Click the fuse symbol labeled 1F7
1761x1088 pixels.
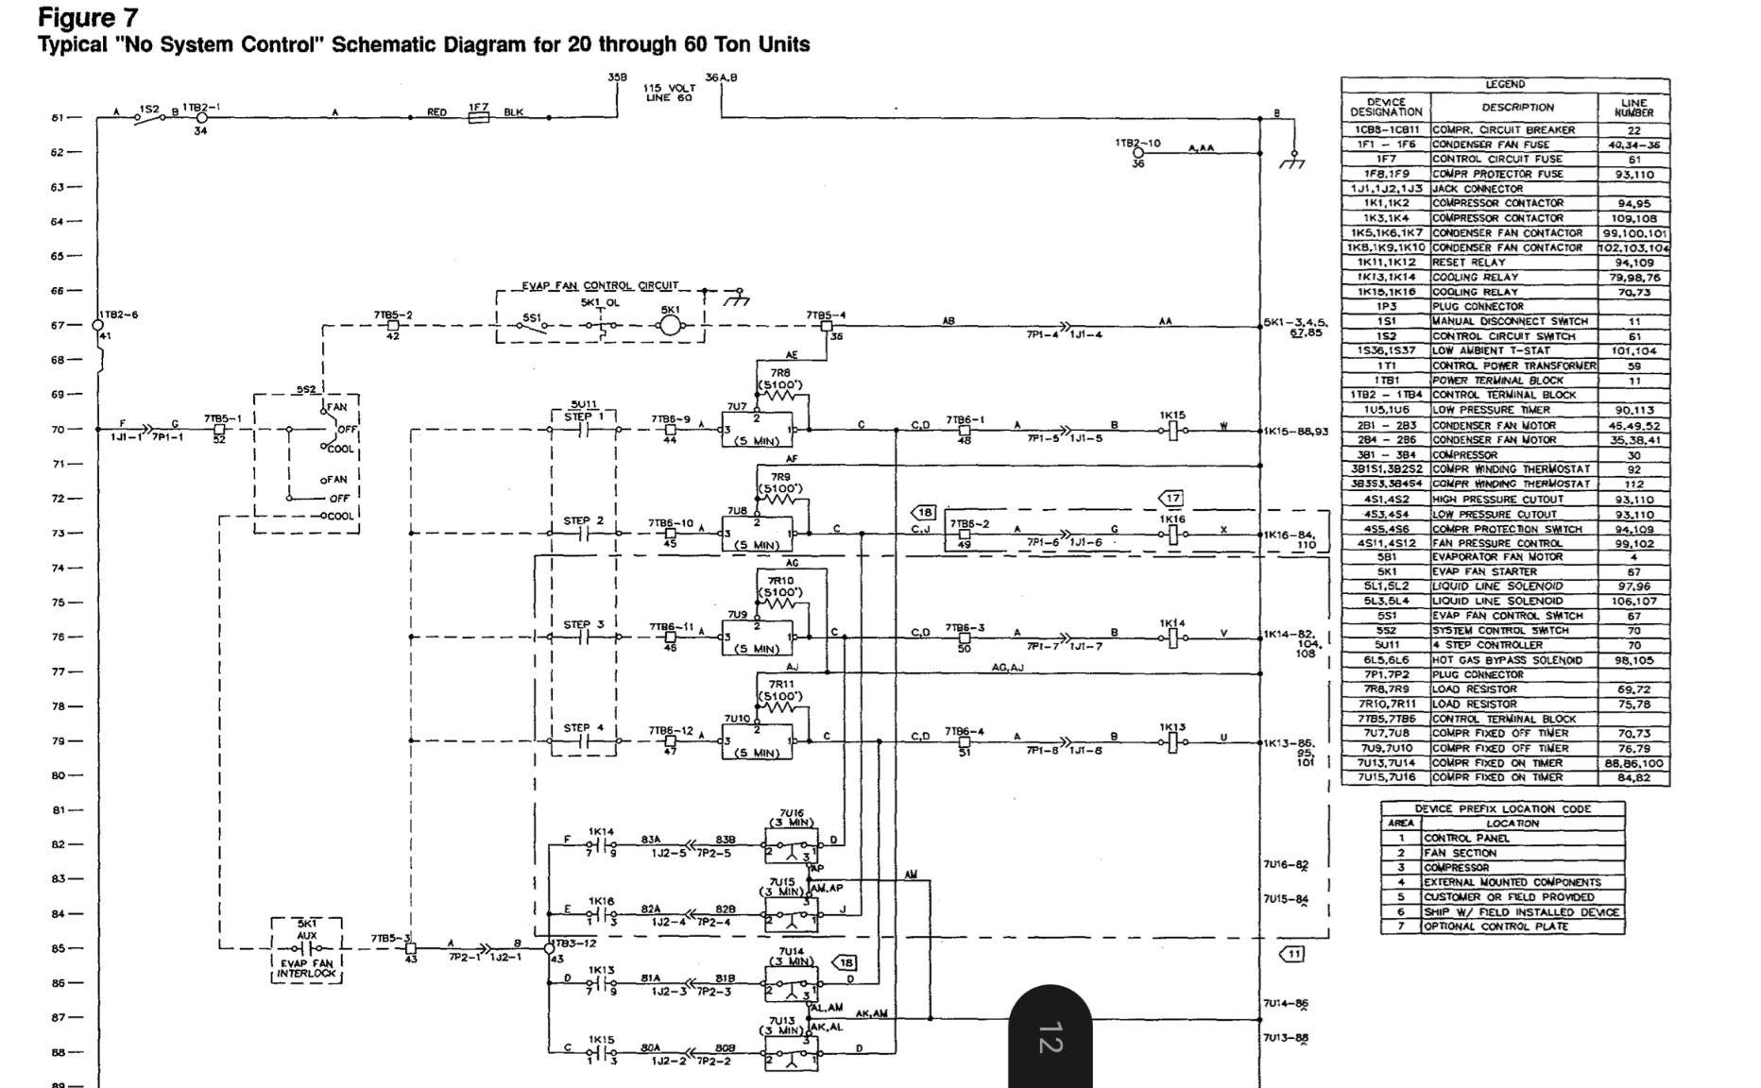[479, 118]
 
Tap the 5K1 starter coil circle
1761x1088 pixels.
[670, 326]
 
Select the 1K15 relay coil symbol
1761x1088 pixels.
[1172, 430]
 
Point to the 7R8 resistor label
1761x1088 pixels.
[779, 374]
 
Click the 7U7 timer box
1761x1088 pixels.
[756, 431]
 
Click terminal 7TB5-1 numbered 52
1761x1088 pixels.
[219, 430]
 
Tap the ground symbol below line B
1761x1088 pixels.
[1293, 161]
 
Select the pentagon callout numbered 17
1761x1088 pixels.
[1171, 498]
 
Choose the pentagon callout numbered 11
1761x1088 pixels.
[1291, 954]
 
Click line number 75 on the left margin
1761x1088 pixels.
[59, 603]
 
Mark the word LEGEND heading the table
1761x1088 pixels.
[1505, 85]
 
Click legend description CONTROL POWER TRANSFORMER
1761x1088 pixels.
[1513, 365]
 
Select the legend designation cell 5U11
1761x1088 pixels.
[1386, 645]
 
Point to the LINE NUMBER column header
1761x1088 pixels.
[1633, 107]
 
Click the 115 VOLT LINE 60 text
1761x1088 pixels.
[669, 93]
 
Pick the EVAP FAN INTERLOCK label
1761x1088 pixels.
[306, 967]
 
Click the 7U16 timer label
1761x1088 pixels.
[792, 812]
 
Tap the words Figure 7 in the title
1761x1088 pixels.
[87, 17]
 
